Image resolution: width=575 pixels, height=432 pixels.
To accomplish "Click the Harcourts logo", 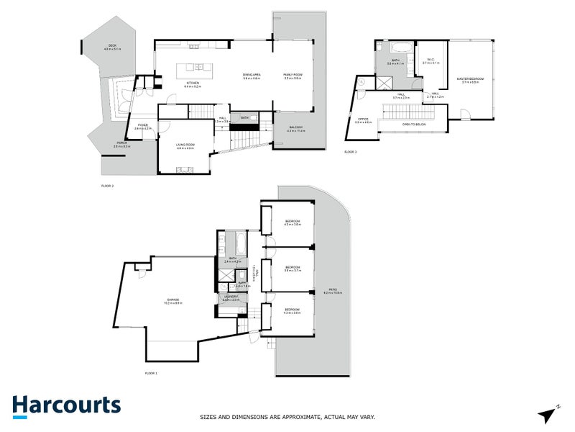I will [x=66, y=405].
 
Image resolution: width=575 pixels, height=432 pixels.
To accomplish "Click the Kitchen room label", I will [x=193, y=85].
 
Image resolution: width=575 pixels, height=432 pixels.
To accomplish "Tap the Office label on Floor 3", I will [x=363, y=120].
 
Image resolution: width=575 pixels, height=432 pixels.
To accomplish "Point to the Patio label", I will [x=333, y=291].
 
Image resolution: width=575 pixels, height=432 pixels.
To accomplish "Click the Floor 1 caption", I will [x=151, y=373].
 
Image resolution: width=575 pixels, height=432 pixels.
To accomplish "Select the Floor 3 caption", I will [x=350, y=152].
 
